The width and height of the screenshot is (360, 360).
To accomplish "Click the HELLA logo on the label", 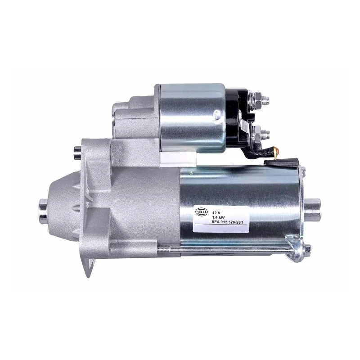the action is pyautogui.click(x=201, y=211).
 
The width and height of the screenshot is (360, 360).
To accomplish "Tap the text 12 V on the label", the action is pyautogui.click(x=216, y=212).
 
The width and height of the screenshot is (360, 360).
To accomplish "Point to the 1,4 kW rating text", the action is pyautogui.click(x=218, y=217).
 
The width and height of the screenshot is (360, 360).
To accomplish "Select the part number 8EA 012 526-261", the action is pyautogui.click(x=227, y=222).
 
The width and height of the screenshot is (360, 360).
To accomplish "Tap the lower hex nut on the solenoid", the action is pyautogui.click(x=257, y=134).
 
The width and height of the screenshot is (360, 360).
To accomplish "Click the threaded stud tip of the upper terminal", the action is pyautogui.click(x=266, y=99).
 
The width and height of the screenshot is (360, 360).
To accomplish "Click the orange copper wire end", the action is pyautogui.click(x=277, y=152).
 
